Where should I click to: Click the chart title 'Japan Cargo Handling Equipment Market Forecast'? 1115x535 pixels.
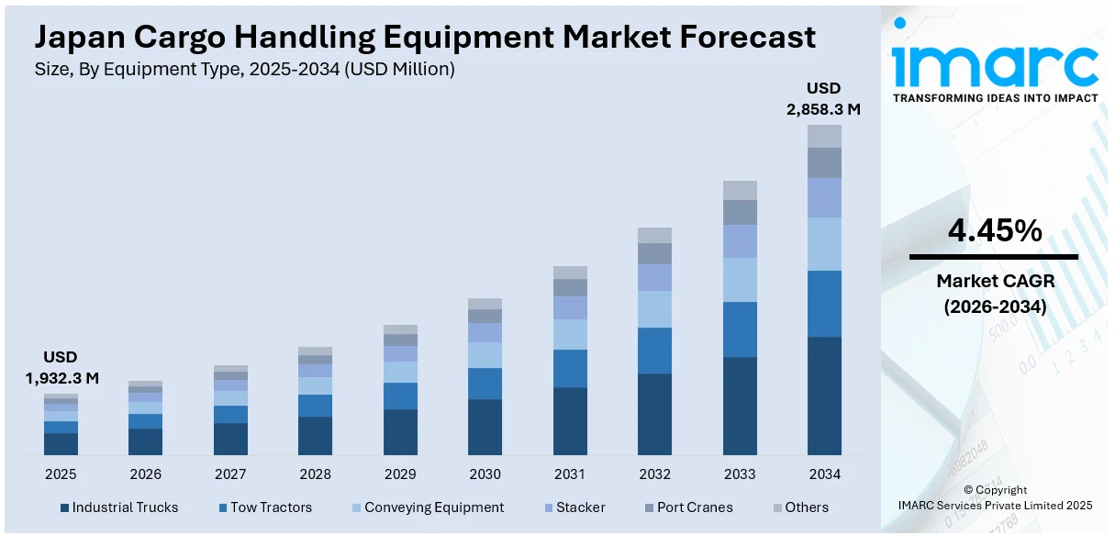point(425,37)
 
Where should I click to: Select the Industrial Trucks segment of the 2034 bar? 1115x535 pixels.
point(824,396)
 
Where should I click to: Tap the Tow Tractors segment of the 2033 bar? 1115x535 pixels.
point(740,329)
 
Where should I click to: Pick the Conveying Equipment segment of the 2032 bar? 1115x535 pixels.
point(654,309)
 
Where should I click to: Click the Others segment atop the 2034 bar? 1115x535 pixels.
point(824,136)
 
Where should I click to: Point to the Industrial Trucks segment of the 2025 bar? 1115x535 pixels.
point(61,444)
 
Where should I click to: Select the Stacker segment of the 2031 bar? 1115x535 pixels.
point(570,307)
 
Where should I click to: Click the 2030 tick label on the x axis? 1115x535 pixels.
point(485,474)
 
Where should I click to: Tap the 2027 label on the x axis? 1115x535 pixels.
point(230,474)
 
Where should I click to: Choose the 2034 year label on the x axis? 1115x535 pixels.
point(824,474)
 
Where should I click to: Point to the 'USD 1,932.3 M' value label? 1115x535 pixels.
point(61,367)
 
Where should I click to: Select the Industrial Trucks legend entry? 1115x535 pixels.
point(118,507)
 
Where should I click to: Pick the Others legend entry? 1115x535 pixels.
point(799,507)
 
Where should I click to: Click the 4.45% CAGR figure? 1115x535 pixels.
point(994,231)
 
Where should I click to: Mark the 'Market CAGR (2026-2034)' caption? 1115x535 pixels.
point(994,294)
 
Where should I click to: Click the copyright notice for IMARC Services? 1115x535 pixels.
point(995,497)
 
